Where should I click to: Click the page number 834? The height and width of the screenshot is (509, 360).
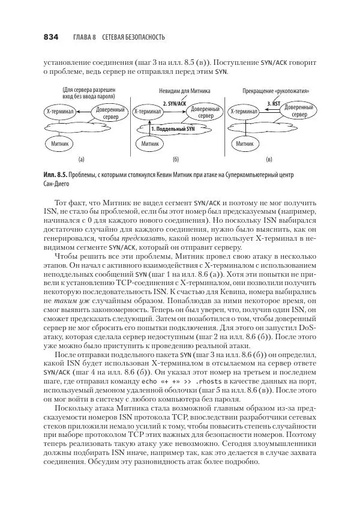[50, 37]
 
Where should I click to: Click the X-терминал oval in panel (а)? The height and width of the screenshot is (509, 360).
[60, 112]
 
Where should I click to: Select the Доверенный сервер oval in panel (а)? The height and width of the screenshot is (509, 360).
[110, 112]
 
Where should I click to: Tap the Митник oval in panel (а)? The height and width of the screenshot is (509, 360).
[60, 145]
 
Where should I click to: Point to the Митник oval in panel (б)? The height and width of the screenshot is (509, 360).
[149, 145]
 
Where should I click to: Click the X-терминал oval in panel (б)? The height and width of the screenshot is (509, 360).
[148, 112]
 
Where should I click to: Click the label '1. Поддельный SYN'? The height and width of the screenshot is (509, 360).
[172, 128]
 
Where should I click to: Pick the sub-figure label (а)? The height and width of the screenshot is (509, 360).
[81, 160]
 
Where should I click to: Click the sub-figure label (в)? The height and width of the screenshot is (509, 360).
[269, 160]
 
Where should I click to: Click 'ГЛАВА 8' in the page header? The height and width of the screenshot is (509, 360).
[85, 37]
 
